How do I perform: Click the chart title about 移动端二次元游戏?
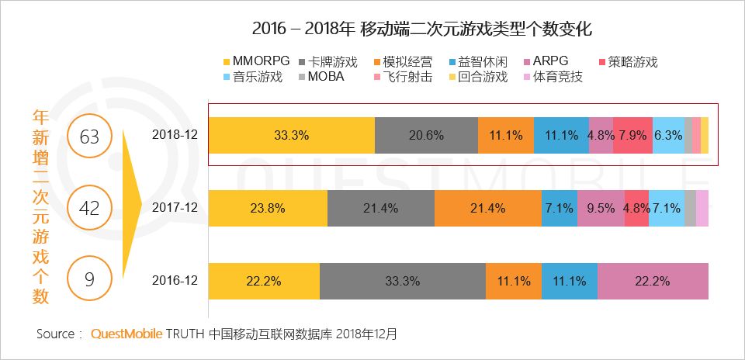[x=422, y=30]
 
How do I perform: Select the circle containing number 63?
[x=90, y=137]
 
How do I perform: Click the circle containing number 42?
[x=90, y=208]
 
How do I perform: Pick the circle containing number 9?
[x=90, y=278]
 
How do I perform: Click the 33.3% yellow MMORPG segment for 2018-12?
[x=292, y=134]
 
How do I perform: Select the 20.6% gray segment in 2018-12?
[x=426, y=134]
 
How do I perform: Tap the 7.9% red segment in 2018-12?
[x=632, y=134]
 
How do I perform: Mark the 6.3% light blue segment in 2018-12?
[x=667, y=134]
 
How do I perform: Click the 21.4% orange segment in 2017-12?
[x=487, y=207]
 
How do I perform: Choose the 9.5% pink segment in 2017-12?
[x=600, y=207]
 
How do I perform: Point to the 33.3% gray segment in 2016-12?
[x=402, y=280]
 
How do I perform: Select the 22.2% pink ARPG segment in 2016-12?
[x=653, y=280]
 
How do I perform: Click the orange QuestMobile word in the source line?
[x=126, y=334]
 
